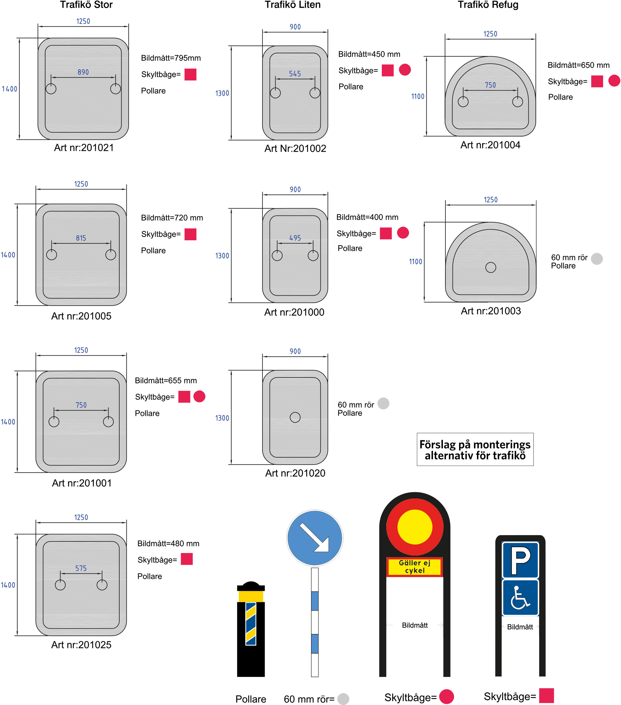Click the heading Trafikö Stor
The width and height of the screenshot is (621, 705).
[86, 5]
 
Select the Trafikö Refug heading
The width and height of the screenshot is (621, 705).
[488, 5]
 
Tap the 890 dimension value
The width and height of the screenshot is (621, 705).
[83, 72]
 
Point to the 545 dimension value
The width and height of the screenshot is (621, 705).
[295, 74]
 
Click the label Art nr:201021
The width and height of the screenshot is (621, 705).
[84, 148]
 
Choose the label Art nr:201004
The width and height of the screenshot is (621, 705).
[490, 145]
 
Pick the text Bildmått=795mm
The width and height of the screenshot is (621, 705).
[171, 58]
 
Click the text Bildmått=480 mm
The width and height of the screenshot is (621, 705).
[168, 544]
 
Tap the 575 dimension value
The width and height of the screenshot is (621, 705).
[81, 568]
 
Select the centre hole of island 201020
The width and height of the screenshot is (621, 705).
[295, 417]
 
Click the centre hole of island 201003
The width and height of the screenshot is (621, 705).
[491, 267]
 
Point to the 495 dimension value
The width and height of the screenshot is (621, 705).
[295, 238]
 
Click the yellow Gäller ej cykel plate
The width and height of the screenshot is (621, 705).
[415, 567]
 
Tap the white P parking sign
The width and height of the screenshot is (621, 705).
[520, 560]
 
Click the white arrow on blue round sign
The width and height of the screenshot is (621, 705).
[315, 538]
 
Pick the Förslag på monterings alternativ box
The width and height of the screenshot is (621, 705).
[475, 449]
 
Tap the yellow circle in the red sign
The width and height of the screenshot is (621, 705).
[415, 527]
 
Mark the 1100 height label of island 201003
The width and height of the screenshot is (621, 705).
[416, 262]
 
